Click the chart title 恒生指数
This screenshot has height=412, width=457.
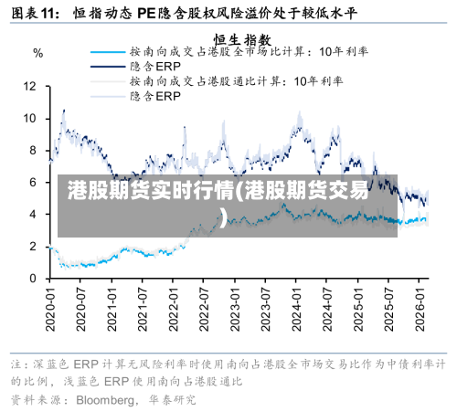242,39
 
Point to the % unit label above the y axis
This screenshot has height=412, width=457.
37,53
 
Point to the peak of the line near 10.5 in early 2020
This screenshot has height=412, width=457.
63,111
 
